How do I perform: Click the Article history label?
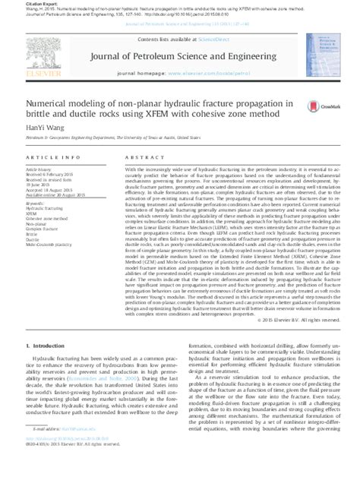tap(37, 169)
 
